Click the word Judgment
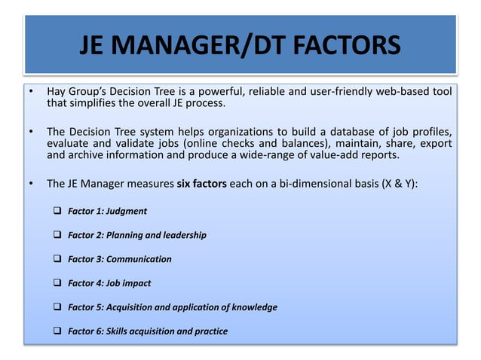127,211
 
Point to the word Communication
139,259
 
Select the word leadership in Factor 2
182,235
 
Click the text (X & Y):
396,183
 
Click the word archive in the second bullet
83,156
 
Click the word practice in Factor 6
209,331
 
